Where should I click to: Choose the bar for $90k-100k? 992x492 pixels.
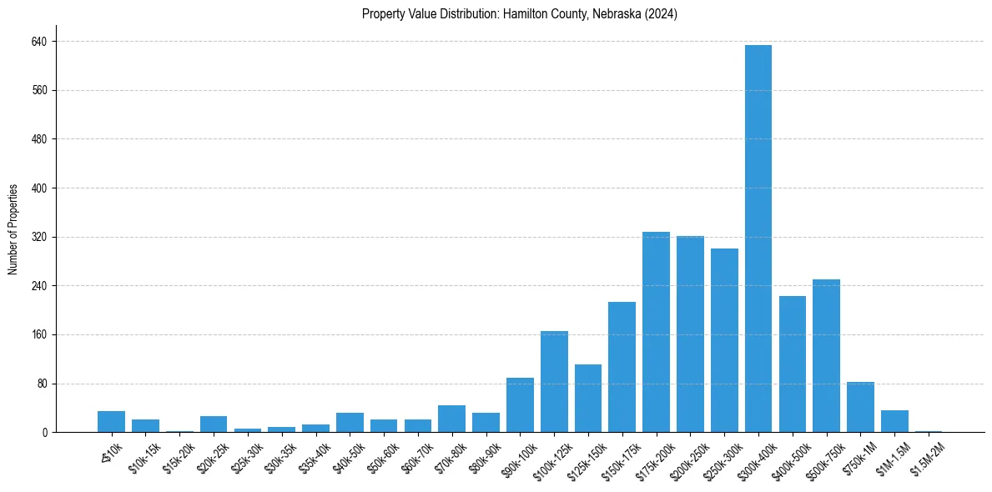click(x=520, y=405)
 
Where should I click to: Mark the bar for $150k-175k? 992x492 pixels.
click(x=622, y=367)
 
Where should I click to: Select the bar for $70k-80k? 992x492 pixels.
click(x=451, y=419)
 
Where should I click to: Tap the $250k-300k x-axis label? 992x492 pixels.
click(x=720, y=457)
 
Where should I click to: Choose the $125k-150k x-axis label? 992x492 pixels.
click(x=584, y=457)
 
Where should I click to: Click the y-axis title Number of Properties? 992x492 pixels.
click(x=13, y=229)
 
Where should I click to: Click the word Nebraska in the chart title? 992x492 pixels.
click(x=617, y=13)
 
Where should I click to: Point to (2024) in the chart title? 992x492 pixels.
click(x=667, y=13)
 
